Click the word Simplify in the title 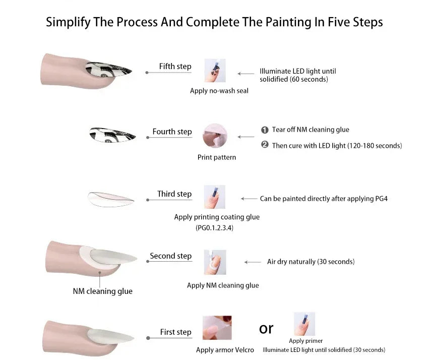click(68, 22)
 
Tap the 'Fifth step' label click(175, 66)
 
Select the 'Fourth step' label click(172, 132)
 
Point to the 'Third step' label click(174, 194)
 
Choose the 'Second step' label click(171, 256)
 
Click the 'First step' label click(175, 332)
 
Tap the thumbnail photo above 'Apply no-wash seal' click(215, 70)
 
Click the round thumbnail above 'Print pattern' click(215, 136)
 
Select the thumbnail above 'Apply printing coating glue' click(215, 197)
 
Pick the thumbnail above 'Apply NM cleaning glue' click(215, 262)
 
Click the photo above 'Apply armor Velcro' click(217, 328)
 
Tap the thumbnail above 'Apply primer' click(304, 324)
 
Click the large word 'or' click(266, 329)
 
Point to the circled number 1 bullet click(265, 130)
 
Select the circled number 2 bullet click(265, 144)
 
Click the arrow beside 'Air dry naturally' click(253, 262)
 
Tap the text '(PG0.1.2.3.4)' click(215, 227)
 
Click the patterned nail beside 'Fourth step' click(112, 135)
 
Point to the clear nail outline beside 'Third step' click(111, 199)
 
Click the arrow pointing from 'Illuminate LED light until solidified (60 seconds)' click(246, 74)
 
